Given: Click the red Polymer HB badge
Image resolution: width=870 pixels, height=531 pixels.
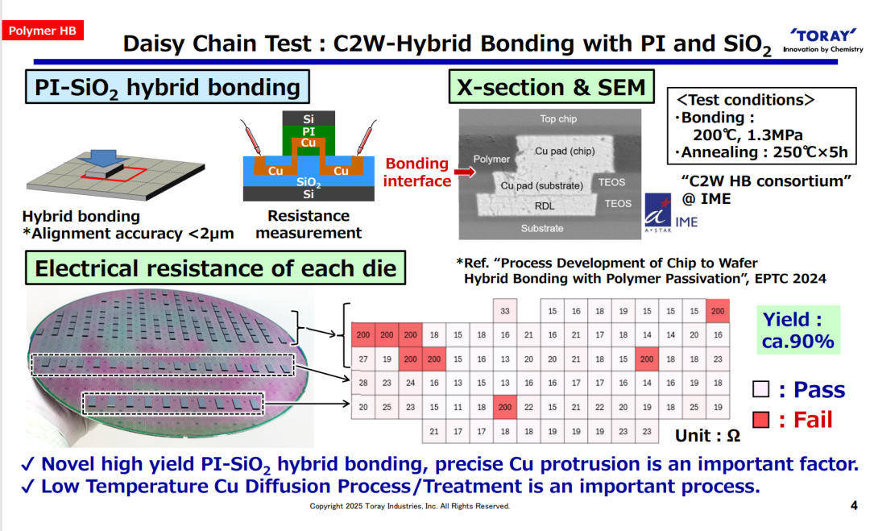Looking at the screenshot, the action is point(43,31).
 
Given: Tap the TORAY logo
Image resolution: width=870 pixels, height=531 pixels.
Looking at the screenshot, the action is point(823,41).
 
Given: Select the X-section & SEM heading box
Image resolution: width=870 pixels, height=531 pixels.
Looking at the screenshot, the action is point(552,86).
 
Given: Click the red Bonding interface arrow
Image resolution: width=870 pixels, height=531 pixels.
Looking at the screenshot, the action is point(465,172).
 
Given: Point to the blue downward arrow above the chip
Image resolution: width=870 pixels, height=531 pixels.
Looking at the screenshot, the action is point(101,158).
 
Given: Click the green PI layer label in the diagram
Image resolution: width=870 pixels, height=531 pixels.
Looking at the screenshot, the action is point(309,131).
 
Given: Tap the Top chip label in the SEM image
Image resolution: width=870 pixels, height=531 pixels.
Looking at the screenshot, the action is point(558,118).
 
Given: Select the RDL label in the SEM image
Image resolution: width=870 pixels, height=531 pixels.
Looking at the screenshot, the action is point(545,205).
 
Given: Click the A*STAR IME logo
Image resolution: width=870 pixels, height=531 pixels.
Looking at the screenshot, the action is point(671,213).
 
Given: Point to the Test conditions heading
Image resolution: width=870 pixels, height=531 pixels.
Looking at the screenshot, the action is point(746,100).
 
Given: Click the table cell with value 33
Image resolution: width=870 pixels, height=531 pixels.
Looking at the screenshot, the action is point(505,311).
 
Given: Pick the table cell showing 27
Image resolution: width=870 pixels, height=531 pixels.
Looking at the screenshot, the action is point(362,359).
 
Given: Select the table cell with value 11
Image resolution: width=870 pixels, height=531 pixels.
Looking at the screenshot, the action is point(458,407).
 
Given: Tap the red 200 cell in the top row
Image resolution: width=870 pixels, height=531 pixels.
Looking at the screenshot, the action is point(718,311).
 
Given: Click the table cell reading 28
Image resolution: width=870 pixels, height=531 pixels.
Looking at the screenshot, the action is point(362,383).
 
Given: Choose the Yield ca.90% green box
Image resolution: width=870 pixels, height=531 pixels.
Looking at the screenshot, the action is point(797,330).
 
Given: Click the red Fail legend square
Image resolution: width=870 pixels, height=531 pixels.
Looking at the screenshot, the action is point(760,420).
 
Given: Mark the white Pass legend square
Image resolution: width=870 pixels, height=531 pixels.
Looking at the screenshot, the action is point(760,389).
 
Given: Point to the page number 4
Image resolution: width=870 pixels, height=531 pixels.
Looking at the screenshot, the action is point(854,505).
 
